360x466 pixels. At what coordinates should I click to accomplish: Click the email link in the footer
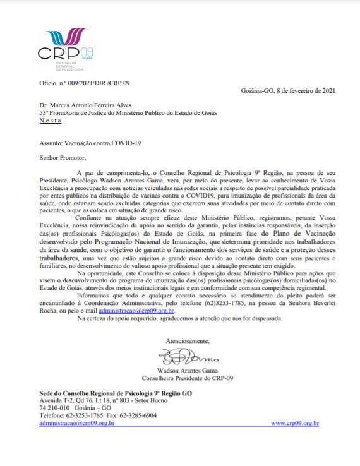(x=76, y=424)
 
